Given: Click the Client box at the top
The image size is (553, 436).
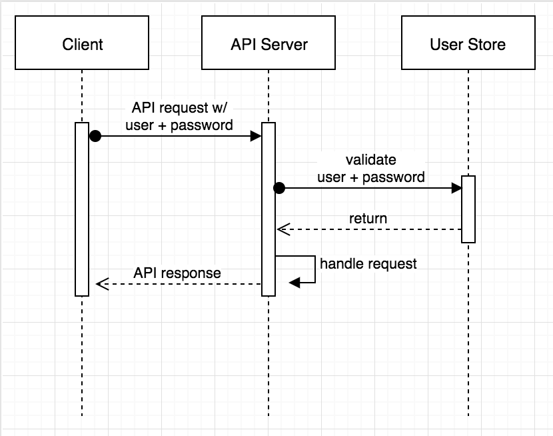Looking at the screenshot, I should point(82,45).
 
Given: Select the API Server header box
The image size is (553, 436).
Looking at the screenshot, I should point(269,45).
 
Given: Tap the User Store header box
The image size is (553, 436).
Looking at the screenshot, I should point(468,45).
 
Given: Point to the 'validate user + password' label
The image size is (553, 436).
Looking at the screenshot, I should point(370,169).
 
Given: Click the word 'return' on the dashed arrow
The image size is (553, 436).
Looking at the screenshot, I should point(368,219).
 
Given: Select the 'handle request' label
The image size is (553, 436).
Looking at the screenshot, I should point(368,263).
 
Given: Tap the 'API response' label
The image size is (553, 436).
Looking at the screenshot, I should point(177,273).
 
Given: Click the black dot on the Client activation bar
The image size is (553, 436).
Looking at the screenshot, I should point(95,136).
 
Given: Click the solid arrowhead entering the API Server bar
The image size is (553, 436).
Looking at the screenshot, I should point(256,136).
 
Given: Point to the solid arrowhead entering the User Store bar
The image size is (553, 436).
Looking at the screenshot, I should point(456,189).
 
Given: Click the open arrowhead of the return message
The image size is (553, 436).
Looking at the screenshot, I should point(281,229).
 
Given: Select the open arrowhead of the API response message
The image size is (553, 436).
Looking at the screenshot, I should point(101,284).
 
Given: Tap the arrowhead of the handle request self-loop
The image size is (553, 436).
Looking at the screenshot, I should point(294,283).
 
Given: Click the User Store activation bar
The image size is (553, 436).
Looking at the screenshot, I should point(468,209).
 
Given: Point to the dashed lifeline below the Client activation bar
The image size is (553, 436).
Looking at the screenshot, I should point(82,353).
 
